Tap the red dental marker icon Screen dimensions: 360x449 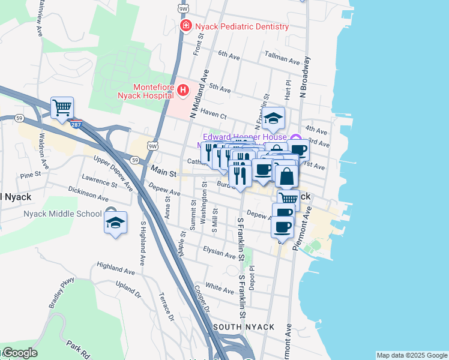pos(186,26)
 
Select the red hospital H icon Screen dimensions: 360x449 pos(182,91)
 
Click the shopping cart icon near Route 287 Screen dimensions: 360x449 pos(62,108)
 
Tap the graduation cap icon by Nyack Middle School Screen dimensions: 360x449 pos(115,223)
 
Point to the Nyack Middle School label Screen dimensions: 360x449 pos(62,214)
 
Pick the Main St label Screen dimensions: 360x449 pos(163,173)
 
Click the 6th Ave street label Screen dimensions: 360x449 pos(229,55)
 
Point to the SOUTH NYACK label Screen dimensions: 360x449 pos(244,327)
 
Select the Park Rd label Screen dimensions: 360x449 pos(77,347)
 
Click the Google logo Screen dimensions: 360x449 pos(19,353)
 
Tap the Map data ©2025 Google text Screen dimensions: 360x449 pos(411,355)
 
